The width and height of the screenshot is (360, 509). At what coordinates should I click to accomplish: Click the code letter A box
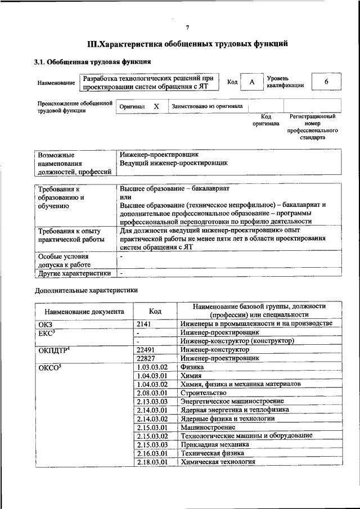click(252, 82)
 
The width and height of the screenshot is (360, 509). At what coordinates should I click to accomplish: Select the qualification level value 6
click(326, 82)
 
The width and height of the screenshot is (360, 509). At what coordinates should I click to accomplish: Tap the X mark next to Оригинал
click(156, 106)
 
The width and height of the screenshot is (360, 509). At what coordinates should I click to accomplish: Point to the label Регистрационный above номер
click(313, 116)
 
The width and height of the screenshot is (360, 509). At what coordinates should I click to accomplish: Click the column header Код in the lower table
click(155, 310)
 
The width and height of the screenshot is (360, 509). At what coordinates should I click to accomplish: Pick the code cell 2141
click(145, 323)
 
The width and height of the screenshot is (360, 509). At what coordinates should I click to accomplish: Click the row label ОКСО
click(48, 367)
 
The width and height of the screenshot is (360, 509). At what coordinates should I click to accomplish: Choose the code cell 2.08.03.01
click(152, 393)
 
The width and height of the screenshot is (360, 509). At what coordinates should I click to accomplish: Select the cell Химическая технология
click(218, 462)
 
